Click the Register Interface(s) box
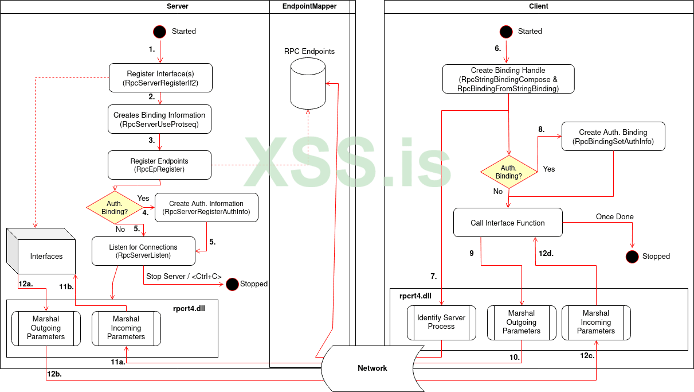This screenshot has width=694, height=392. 160,78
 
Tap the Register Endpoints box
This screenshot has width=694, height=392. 160,165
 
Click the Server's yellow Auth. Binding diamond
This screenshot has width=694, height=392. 115,207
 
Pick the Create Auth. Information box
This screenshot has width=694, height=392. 206,208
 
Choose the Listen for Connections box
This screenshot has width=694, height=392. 143,251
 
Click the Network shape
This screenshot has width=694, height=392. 373,368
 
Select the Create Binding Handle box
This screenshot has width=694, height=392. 508,79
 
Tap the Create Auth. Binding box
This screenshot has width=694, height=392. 613,137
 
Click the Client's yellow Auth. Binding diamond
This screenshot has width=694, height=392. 508,172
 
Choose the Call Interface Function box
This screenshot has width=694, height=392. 508,223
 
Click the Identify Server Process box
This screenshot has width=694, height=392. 441,322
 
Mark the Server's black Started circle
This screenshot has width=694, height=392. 160,32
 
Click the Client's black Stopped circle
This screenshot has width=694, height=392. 632,257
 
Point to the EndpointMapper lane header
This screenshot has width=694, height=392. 310,6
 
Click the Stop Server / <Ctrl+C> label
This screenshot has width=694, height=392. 184,277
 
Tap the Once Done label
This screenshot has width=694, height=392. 615,217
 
